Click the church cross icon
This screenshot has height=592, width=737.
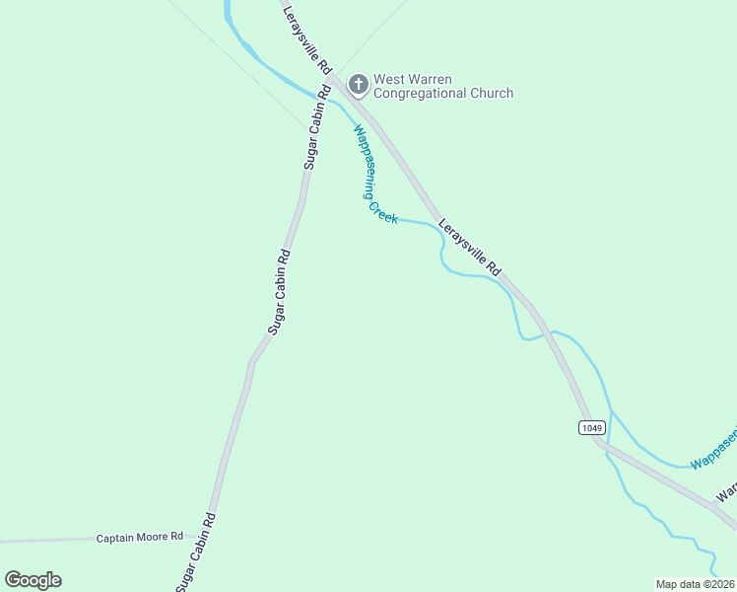358,85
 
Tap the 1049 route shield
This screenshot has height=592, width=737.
591,427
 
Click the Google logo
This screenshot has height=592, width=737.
33,580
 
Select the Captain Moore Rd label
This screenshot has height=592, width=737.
140,538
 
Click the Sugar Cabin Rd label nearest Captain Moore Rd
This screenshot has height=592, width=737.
195,553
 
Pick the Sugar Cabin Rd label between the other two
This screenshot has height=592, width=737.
280,291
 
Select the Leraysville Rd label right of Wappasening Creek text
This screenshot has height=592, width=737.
470,248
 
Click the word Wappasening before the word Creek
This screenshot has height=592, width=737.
364,161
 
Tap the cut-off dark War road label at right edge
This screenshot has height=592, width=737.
726,490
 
